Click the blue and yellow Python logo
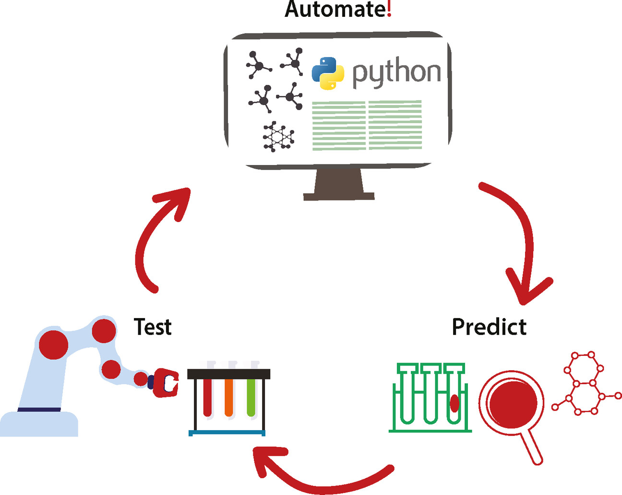[x=328, y=73]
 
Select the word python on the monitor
[x=396, y=73]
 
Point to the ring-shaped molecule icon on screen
[x=278, y=137]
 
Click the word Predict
[x=489, y=327]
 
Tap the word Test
[x=153, y=327]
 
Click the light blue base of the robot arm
[x=38, y=424]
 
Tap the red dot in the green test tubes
[x=454, y=403]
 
